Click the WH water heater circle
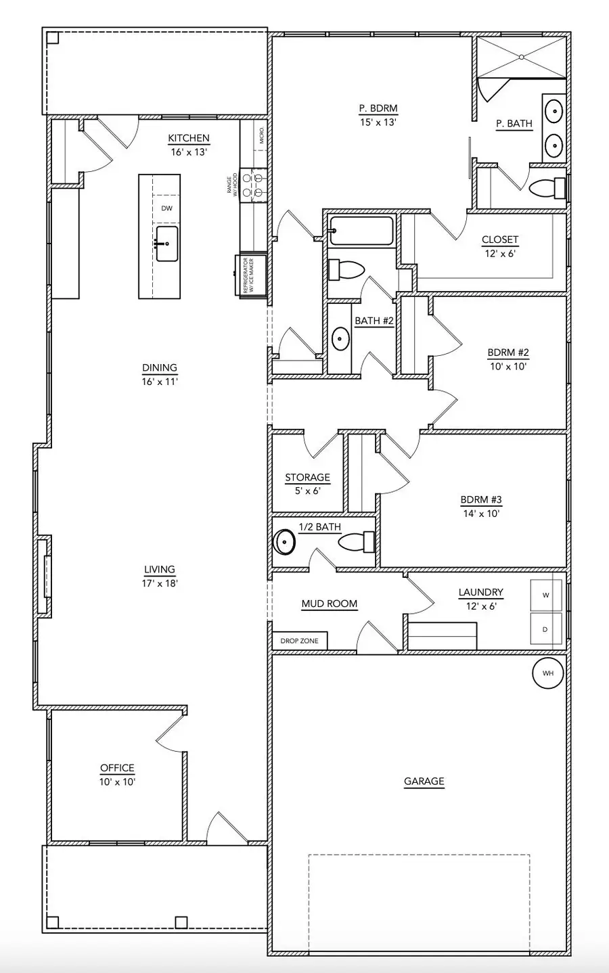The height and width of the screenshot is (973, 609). (547, 673)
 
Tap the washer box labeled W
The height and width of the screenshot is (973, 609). (546, 595)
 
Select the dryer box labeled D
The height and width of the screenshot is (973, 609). (546, 630)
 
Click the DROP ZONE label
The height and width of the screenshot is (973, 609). (299, 641)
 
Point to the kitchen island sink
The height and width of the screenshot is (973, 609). (166, 244)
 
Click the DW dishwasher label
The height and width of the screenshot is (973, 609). (166, 208)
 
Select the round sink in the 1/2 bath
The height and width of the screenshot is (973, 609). (284, 542)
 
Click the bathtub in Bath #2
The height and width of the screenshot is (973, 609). (361, 231)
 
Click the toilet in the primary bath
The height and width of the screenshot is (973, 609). (547, 187)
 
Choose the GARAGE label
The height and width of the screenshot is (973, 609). (424, 782)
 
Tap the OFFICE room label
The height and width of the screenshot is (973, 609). (117, 768)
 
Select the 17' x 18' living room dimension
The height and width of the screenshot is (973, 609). (160, 583)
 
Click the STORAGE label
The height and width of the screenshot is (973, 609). (307, 478)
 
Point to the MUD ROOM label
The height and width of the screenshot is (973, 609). (329, 604)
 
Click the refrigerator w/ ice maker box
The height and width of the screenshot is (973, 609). (251, 275)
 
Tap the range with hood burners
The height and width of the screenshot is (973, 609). (252, 185)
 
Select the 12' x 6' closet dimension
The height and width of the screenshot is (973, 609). (500, 254)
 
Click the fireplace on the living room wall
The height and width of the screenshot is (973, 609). (45, 576)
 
